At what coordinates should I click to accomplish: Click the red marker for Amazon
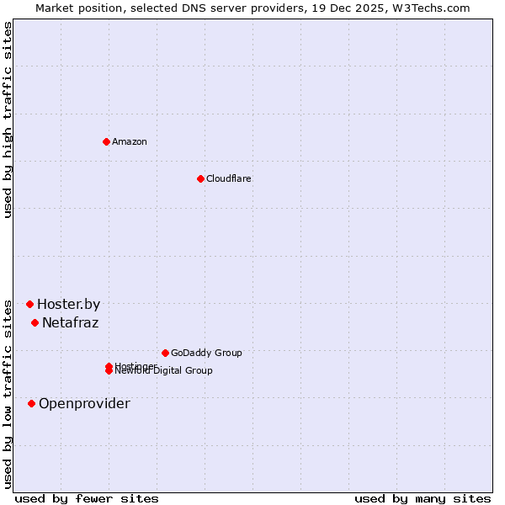click(106, 141)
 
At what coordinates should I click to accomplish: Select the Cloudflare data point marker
click(200, 178)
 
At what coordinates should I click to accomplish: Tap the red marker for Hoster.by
click(29, 304)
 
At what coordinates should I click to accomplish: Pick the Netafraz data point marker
click(35, 323)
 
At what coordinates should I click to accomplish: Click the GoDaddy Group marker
click(165, 353)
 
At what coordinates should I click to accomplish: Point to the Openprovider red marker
click(31, 404)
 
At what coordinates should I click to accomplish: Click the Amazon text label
click(130, 141)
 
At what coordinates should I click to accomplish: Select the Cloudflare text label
click(229, 178)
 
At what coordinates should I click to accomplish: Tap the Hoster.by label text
click(68, 305)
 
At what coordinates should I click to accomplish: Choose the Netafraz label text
click(70, 323)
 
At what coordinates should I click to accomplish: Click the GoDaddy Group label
click(206, 353)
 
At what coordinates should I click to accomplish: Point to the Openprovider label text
click(84, 404)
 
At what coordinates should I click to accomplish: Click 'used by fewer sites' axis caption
click(87, 498)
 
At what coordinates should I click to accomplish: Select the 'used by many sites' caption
click(423, 498)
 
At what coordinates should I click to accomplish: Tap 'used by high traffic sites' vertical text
click(8, 120)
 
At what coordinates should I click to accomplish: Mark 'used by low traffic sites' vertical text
click(8, 393)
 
